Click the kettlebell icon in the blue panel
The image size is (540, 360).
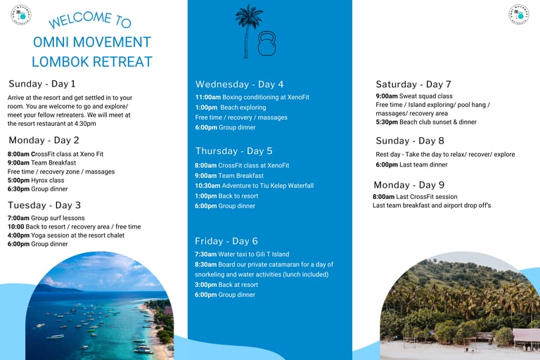tap(267, 44)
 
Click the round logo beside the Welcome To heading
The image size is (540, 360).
tap(21, 15)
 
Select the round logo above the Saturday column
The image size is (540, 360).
tap(519, 15)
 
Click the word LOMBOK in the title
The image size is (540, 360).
tap(60, 62)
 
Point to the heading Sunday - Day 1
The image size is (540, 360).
tap(42, 84)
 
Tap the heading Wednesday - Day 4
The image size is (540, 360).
tap(239, 84)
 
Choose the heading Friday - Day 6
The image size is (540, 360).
tap(226, 241)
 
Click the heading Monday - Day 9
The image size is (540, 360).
tap(409, 185)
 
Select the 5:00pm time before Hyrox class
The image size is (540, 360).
tap(18, 180)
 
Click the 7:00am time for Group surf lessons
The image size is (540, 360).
tap(18, 218)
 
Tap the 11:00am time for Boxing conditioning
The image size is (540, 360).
tap(208, 97)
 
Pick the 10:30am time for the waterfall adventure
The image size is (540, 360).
tap(207, 186)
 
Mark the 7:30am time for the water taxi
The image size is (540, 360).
tap(205, 255)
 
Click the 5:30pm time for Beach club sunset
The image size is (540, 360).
tap(387, 122)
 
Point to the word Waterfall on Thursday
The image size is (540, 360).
tap(301, 186)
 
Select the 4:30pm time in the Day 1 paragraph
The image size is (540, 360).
tap(85, 124)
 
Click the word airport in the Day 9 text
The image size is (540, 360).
tap(454, 205)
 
